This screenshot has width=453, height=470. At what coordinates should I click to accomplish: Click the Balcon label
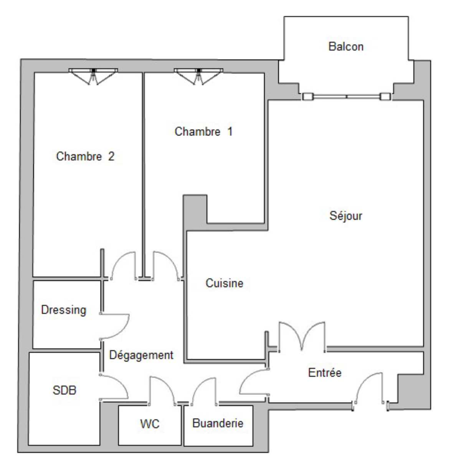(x=346, y=47)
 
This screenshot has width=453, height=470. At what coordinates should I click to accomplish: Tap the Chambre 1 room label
(x=203, y=132)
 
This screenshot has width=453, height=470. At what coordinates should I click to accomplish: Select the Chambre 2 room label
(x=85, y=156)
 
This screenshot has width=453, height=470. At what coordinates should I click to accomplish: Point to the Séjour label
(x=346, y=216)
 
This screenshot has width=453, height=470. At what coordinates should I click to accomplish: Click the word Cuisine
(x=224, y=283)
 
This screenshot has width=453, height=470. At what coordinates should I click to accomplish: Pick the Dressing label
(x=64, y=310)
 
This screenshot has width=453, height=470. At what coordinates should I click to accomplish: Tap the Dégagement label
(x=141, y=355)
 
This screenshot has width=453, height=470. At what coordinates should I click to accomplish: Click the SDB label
(x=64, y=390)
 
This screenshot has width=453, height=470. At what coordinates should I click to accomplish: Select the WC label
(x=150, y=423)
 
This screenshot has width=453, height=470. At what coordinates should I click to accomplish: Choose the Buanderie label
(x=218, y=423)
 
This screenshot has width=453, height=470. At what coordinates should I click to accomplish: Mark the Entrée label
(x=324, y=372)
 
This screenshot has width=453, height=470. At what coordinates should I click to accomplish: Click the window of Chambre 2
(x=93, y=76)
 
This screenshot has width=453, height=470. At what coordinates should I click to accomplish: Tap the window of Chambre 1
(x=198, y=76)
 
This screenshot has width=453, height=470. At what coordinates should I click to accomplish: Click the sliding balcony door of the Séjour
(x=346, y=97)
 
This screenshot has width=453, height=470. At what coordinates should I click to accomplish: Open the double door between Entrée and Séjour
(x=302, y=337)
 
